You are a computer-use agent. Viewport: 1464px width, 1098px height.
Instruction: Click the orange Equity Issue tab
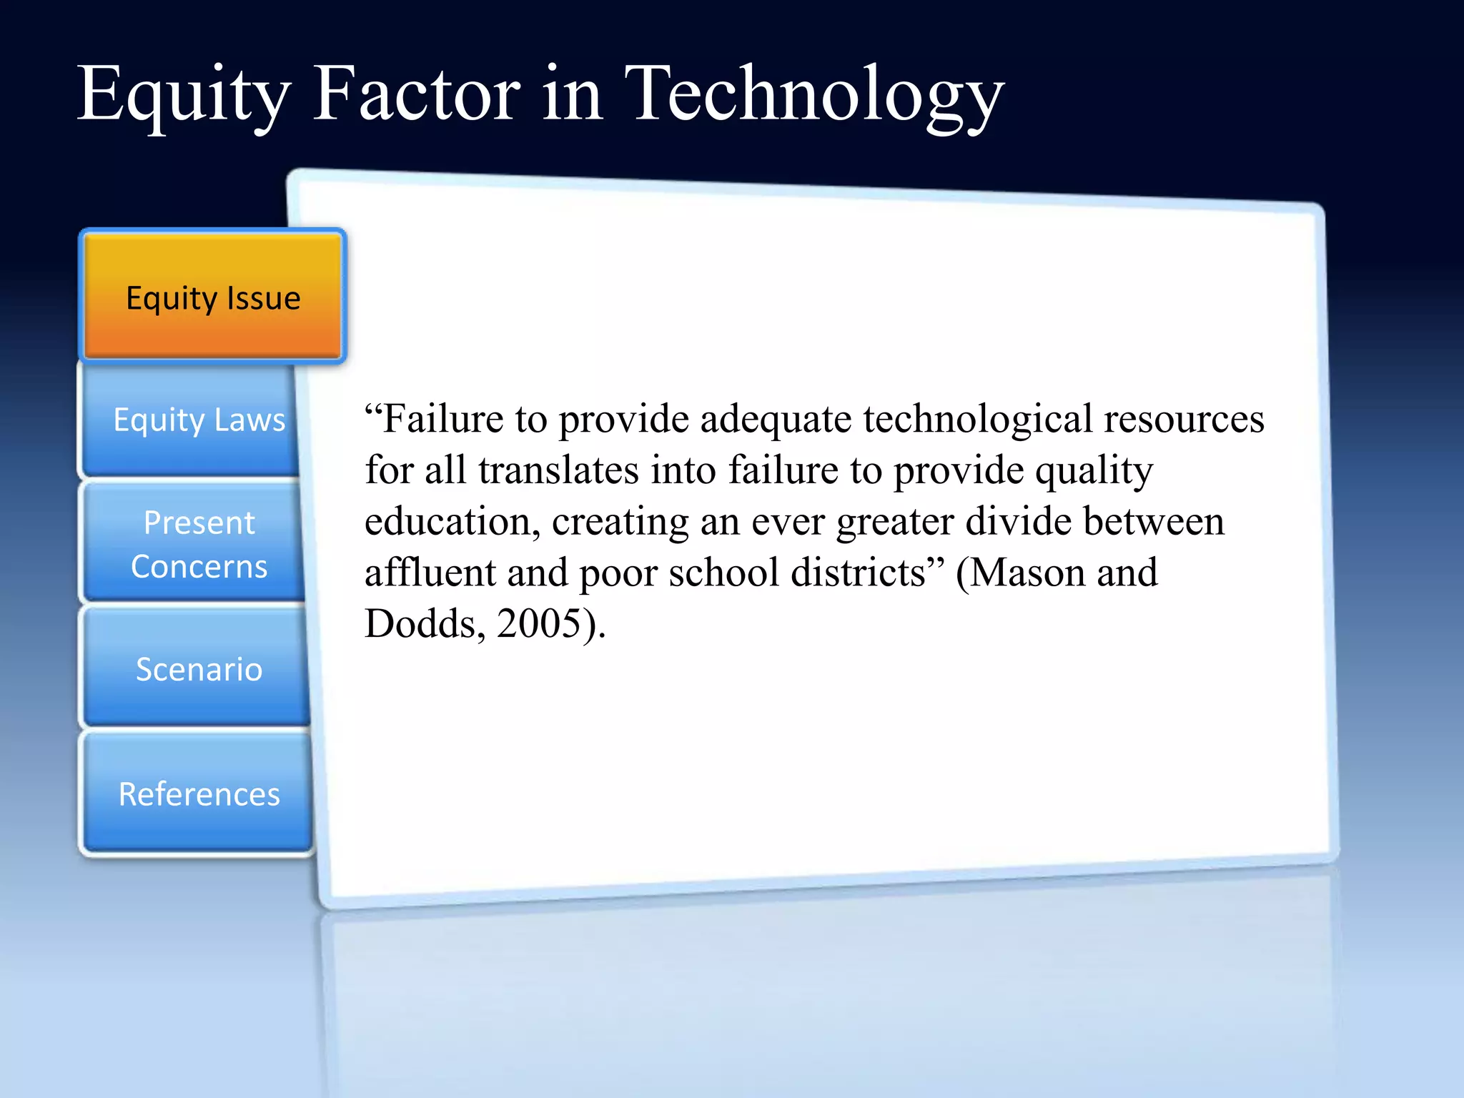coord(213,297)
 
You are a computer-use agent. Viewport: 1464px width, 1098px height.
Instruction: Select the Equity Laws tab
coord(199,420)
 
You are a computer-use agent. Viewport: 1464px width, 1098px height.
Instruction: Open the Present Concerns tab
coord(199,544)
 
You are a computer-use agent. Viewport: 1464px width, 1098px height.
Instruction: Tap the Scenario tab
coord(199,669)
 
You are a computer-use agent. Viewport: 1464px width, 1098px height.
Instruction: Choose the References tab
coord(199,794)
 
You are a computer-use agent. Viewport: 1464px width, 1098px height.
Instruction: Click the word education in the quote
coord(452,522)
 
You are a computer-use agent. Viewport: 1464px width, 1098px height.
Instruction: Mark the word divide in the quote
coord(1018,521)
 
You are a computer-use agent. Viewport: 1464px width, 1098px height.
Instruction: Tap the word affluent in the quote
coord(430,573)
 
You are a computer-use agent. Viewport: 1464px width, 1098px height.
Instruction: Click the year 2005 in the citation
coord(538,624)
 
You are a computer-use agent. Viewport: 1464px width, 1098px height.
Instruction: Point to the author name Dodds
coord(420,624)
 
